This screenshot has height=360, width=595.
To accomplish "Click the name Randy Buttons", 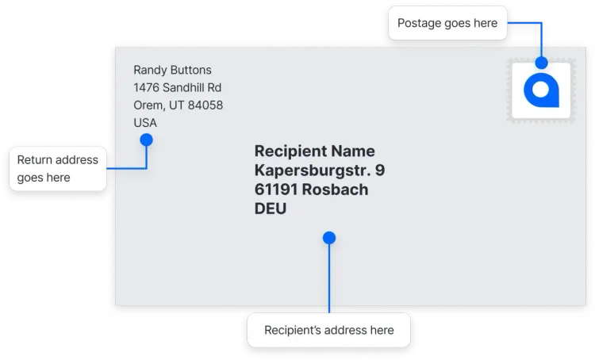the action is coord(172,70).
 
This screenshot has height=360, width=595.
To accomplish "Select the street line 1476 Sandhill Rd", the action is coord(177,88).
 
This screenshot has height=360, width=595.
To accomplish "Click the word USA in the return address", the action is coord(145,123).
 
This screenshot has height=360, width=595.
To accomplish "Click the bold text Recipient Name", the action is coord(315,151).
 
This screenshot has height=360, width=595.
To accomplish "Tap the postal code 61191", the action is coord(276,190).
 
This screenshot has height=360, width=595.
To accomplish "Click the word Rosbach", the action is coord(335,190).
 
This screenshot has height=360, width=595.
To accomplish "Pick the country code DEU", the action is coord(271,209).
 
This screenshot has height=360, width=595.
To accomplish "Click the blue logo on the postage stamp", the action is coord(541,90).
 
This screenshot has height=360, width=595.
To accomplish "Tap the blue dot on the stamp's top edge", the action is coord(542,63).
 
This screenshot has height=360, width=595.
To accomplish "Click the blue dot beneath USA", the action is coord(147,140).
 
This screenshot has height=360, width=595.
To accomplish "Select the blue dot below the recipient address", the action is coord(329,238).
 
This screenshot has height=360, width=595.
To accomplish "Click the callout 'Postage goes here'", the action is coord(447,23).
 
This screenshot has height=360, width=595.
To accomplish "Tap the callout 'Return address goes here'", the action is coord(58,168).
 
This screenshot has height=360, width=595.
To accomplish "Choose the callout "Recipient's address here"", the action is coord(328,330).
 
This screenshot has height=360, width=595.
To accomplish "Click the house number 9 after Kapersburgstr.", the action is coord(380,170).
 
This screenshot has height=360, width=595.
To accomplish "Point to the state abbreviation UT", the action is coord(176,105).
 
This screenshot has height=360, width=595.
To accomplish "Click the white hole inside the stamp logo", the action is coord(541,90).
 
